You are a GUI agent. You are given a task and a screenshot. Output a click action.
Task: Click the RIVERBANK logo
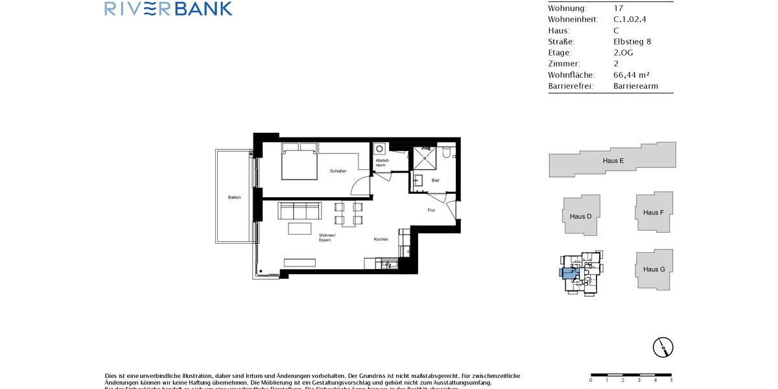point(168,8)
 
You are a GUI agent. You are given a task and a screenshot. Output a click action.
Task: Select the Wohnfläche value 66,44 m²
point(636,75)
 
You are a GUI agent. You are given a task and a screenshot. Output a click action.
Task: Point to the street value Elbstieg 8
point(632,41)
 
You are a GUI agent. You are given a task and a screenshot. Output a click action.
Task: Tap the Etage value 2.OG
point(623,53)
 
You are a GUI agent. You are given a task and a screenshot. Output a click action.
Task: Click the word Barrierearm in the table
point(635,86)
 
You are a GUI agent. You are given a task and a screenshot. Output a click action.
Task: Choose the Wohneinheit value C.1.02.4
point(630,19)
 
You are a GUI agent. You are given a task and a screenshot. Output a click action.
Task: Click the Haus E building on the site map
point(613,160)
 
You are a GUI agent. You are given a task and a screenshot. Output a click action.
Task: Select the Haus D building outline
point(581,216)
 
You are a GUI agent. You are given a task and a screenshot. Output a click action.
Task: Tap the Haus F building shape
point(654,212)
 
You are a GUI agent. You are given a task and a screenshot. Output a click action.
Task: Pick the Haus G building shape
point(654,269)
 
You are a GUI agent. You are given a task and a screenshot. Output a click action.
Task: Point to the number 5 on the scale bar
point(670,380)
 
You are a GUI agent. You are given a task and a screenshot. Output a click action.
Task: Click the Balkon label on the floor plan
point(234,197)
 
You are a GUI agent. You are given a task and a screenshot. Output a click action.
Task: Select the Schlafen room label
point(338,171)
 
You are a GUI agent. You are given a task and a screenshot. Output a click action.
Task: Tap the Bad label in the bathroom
point(435,180)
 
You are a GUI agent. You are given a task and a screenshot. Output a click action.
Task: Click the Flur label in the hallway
point(431,210)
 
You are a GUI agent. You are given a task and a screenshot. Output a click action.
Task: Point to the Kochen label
point(381,239)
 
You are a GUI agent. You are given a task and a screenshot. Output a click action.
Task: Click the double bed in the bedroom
point(299,161)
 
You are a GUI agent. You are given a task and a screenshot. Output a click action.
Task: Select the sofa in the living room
point(299,211)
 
